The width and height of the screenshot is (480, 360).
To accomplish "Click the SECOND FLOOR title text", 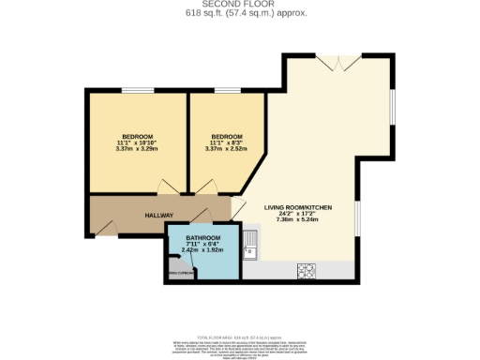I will pos(239,5).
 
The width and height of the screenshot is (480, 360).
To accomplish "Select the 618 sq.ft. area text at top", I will pos(239,14).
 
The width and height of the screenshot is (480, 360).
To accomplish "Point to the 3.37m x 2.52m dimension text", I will pos(225,148).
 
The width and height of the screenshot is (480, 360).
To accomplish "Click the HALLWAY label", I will pos(158,216).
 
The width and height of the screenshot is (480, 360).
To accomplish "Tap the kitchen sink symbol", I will pos(249,249).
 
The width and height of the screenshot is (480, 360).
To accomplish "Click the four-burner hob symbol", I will pos(306,270).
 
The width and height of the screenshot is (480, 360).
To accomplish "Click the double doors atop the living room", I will pos(336,63).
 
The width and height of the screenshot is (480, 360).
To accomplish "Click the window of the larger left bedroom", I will pos(137,90).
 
